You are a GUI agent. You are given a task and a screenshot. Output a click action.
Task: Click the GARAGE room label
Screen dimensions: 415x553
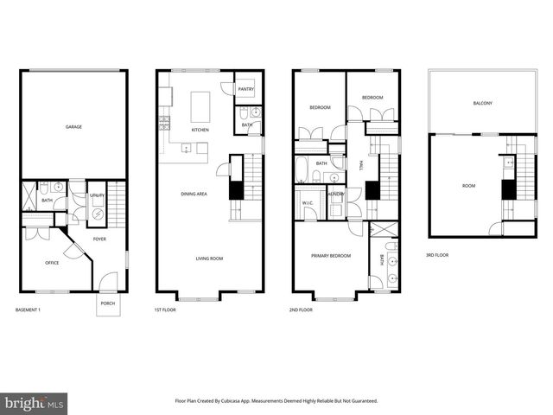(73, 127)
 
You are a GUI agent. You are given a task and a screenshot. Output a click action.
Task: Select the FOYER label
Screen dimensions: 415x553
(99, 239)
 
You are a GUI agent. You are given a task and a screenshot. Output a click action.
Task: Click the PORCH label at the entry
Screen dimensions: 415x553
(107, 303)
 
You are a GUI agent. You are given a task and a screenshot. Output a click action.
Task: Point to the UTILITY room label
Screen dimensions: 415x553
(97, 196)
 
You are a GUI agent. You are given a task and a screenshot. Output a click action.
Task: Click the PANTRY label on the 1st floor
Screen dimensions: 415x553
(245, 88)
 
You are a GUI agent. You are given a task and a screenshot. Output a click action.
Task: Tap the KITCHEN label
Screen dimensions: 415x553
(200, 130)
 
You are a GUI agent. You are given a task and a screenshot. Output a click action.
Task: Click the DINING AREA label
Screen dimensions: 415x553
(194, 194)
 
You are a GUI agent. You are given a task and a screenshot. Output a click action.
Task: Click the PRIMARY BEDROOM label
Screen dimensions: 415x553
(330, 256)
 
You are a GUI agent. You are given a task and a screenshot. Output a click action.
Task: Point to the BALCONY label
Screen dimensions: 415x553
(482, 104)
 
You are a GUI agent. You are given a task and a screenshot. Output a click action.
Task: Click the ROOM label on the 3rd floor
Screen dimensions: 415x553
(468, 185)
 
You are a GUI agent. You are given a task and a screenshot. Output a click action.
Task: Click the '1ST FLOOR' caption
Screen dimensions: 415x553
(164, 309)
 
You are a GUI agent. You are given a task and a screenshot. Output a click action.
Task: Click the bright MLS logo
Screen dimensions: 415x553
(34, 402)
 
